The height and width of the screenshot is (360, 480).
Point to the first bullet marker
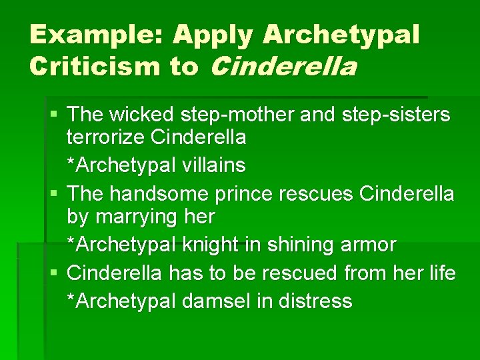tap(54, 115)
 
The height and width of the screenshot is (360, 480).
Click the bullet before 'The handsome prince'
tap(54, 194)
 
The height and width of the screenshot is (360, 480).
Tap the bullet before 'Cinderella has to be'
tap(54, 273)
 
